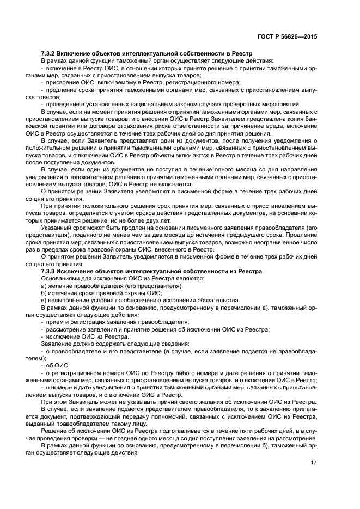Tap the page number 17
[x=313, y=463]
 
